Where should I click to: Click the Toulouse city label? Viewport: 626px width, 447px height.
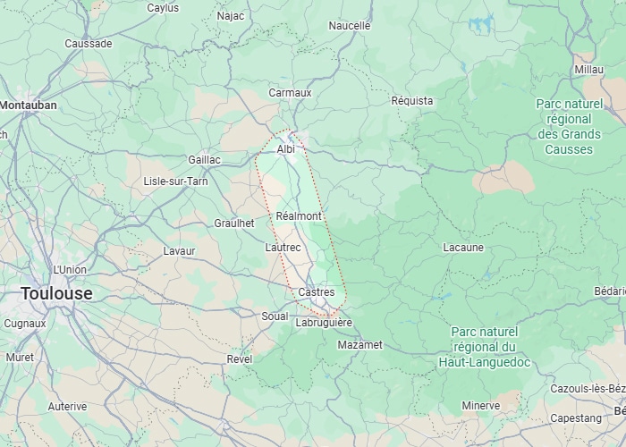click(x=56, y=293)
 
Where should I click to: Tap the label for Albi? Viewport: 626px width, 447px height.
click(x=286, y=149)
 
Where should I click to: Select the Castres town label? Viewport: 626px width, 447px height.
click(x=316, y=292)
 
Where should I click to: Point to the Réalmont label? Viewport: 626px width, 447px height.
click(x=299, y=216)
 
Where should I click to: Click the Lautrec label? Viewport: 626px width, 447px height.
click(x=283, y=247)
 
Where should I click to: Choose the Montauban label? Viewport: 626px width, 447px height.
click(x=29, y=105)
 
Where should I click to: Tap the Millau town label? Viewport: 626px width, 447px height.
click(x=589, y=69)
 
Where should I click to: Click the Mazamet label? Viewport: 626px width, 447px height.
click(x=360, y=344)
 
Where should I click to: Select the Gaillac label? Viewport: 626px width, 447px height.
click(x=204, y=160)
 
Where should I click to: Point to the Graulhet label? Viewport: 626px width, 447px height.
click(x=235, y=223)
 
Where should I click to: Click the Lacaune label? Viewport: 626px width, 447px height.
click(x=463, y=248)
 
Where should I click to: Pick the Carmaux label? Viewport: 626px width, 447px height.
click(x=290, y=93)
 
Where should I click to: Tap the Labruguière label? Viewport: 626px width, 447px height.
click(x=324, y=323)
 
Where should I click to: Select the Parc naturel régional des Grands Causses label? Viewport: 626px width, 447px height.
click(x=569, y=126)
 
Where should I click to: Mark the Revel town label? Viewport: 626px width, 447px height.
click(x=240, y=358)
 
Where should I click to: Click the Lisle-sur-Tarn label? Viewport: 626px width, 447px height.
click(x=176, y=181)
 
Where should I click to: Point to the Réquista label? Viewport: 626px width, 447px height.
click(x=412, y=101)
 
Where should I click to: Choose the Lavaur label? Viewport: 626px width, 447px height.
click(x=179, y=251)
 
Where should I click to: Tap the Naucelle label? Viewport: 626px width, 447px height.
click(x=349, y=26)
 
